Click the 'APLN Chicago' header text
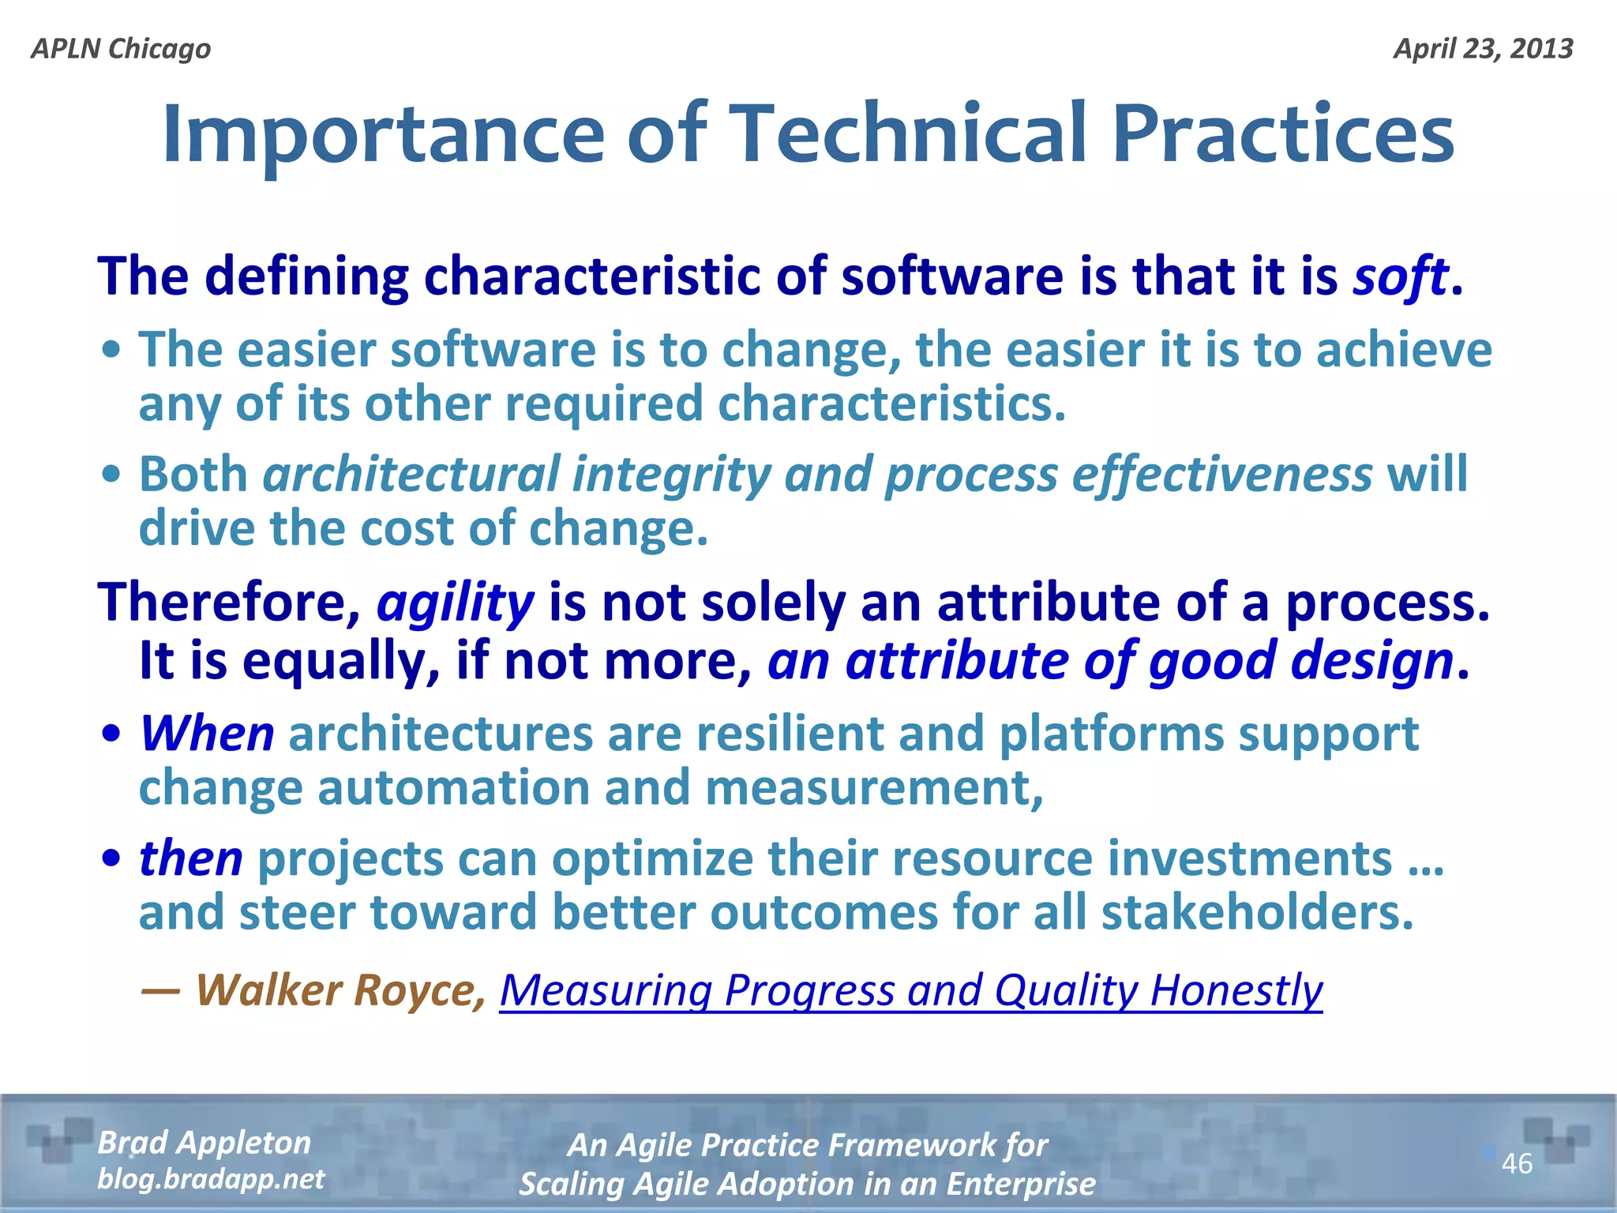pos(121,49)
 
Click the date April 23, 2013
pos(1483,49)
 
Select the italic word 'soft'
pos(1400,277)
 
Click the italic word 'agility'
pos(456,603)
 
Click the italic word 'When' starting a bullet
pos(207,734)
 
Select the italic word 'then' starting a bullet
pos(190,858)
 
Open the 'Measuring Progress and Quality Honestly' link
pos(910,990)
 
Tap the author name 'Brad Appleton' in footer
pos(204,1143)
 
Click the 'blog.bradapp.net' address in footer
pos(210,1179)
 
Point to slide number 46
pos(1517,1163)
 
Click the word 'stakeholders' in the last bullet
pos(1257,913)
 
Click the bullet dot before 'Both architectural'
pos(112,474)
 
